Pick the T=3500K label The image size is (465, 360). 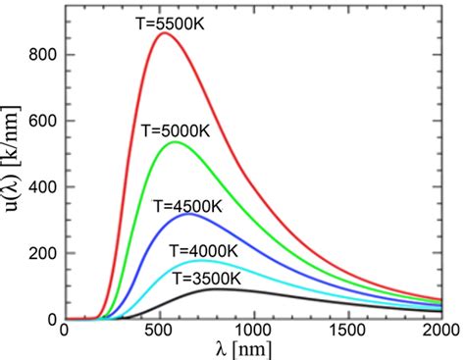pos(207,278)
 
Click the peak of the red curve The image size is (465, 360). pos(164,33)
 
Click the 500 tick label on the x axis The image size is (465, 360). pos(159,333)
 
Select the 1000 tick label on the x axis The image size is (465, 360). pos(254,333)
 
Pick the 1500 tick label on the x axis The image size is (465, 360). pos(349,333)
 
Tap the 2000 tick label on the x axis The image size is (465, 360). pos(440,333)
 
